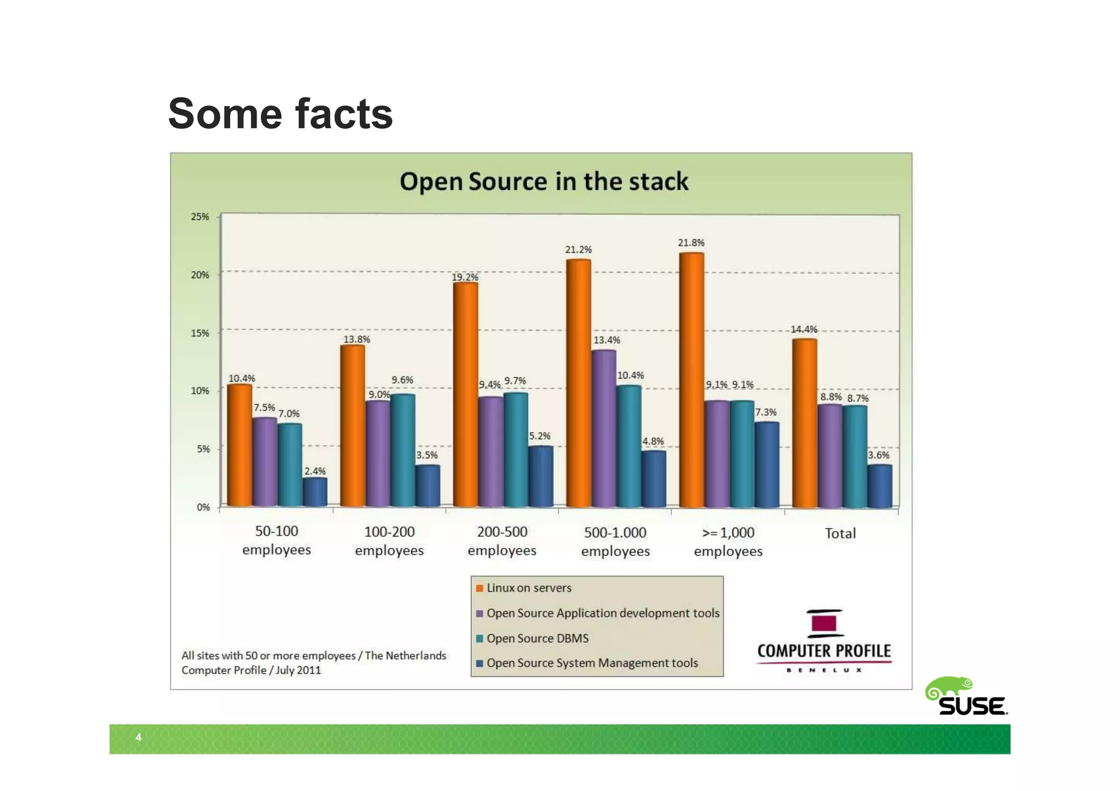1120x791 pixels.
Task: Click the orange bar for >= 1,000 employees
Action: pos(691,380)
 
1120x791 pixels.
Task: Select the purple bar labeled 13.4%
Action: pos(604,429)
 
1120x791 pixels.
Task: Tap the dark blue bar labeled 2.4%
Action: pos(315,492)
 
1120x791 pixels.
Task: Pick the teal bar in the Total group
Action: pos(854,456)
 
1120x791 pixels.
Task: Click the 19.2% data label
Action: pos(465,277)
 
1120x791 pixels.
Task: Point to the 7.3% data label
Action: pos(766,412)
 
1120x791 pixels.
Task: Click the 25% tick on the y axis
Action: pos(200,216)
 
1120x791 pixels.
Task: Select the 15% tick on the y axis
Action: pos(200,333)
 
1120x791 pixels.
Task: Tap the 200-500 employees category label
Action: pos(502,541)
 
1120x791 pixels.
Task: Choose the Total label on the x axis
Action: pos(840,533)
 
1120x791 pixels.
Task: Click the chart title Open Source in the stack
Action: pos(544,181)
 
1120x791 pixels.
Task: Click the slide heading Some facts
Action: pos(280,114)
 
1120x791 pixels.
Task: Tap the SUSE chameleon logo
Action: pos(966,697)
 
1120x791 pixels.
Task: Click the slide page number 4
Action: pos(138,737)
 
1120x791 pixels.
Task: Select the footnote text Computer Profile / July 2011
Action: pos(251,670)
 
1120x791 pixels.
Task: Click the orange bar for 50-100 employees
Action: pos(240,445)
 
